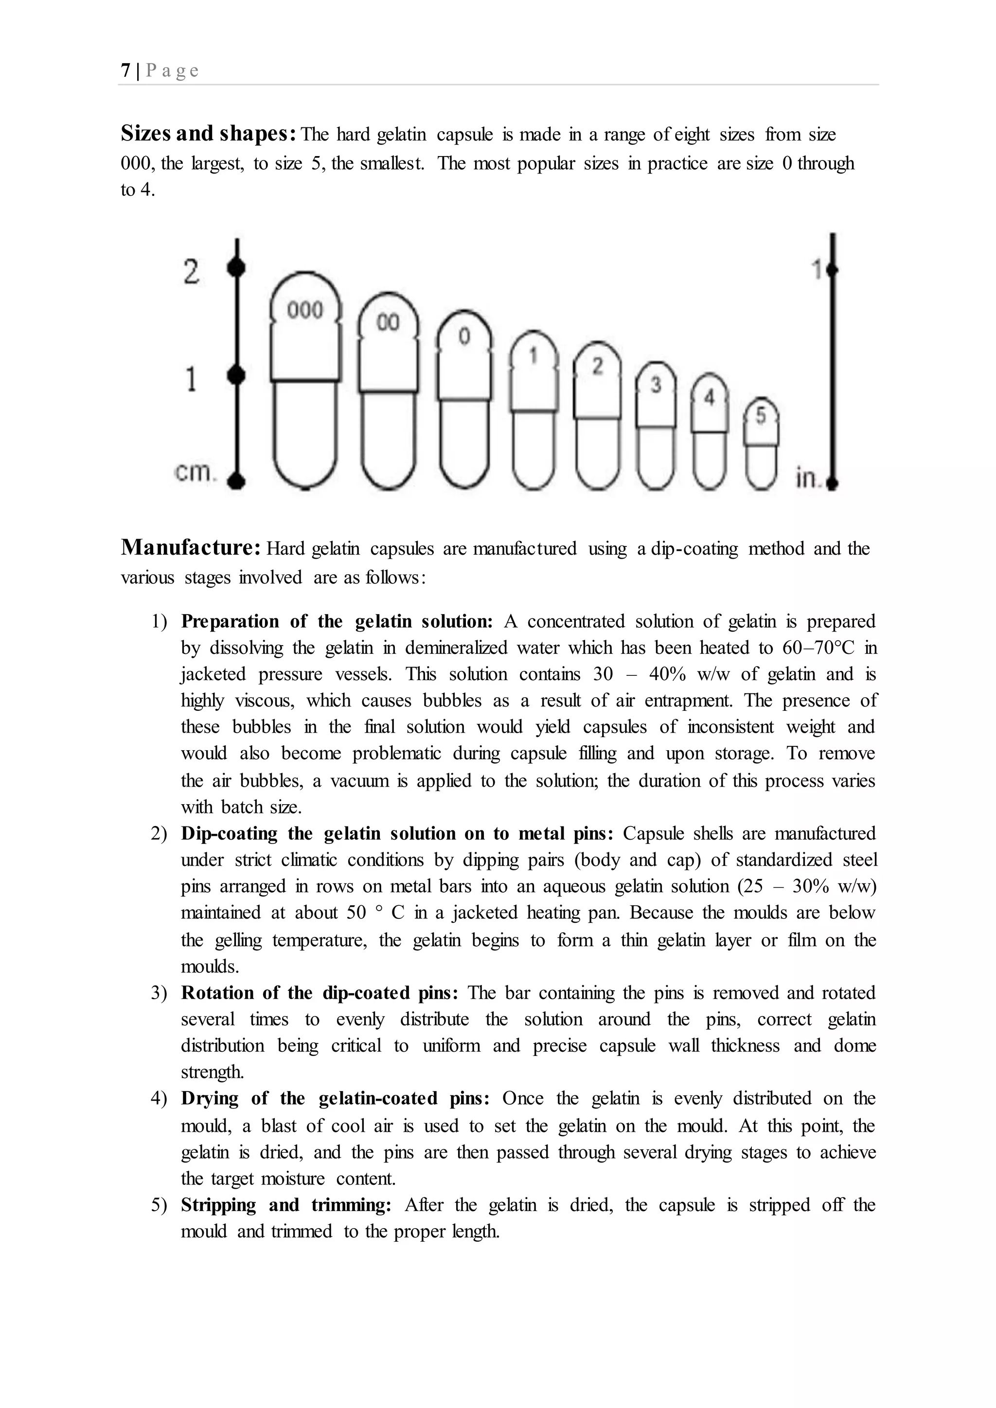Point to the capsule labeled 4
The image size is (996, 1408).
click(x=710, y=432)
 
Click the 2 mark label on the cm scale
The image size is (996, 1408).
click(x=191, y=272)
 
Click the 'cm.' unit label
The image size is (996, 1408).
click(x=195, y=473)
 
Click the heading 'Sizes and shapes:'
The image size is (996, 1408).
click(x=209, y=134)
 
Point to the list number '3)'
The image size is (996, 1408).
click(x=159, y=993)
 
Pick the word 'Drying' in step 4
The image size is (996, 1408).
click(x=210, y=1098)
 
